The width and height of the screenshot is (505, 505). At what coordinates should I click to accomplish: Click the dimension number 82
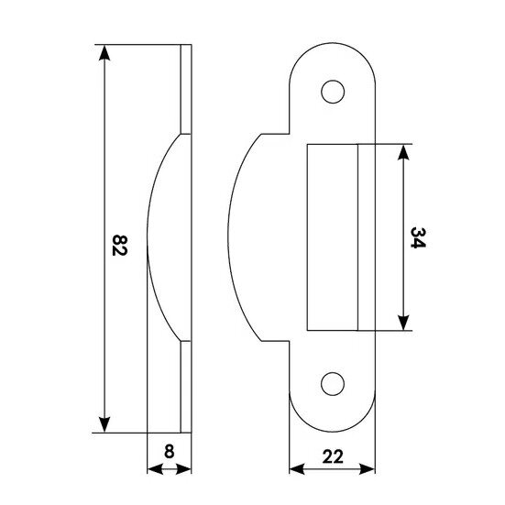(119, 246)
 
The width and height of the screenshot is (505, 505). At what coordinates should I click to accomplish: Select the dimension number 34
(418, 237)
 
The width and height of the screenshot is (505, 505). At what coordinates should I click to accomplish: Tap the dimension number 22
(333, 456)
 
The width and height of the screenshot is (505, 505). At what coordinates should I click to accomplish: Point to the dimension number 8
(169, 451)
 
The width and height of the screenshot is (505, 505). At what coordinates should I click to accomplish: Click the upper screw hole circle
(333, 92)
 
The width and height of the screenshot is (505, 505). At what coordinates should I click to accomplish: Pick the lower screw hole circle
(333, 384)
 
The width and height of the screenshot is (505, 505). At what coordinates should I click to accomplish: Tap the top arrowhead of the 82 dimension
(104, 52)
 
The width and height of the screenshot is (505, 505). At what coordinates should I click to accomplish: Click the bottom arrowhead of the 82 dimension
(104, 424)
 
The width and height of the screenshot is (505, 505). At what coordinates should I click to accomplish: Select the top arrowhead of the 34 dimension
(403, 152)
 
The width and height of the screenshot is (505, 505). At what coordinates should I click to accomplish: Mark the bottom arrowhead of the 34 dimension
(403, 323)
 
